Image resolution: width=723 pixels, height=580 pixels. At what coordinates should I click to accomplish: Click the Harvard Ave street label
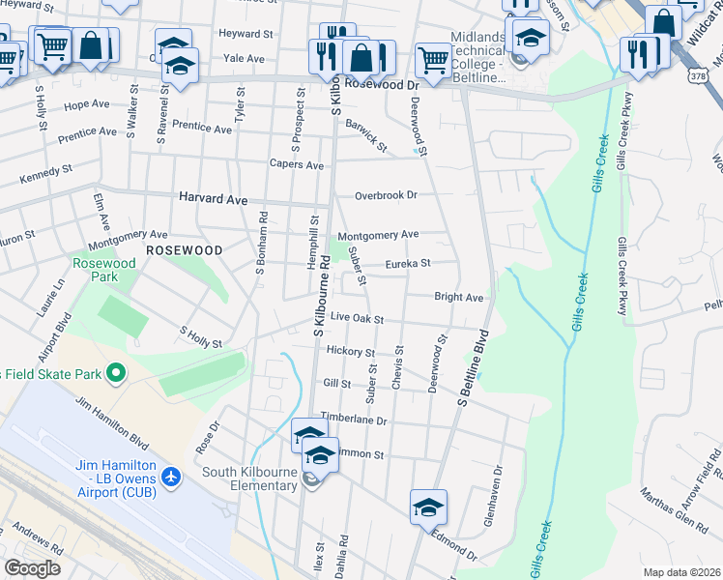point(213,198)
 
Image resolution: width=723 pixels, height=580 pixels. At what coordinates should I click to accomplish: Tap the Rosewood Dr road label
point(386,84)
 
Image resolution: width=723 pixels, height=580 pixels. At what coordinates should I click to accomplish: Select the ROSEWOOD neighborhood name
point(184,249)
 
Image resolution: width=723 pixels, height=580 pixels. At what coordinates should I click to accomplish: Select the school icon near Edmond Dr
point(428,506)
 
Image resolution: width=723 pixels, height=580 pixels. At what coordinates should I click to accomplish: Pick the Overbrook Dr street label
point(385,195)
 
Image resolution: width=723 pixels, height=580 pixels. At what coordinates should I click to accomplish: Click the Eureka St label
point(407,262)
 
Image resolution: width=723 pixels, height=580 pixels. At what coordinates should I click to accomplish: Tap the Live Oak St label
point(357,318)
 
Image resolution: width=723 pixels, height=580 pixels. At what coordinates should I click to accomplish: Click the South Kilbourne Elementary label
point(249,478)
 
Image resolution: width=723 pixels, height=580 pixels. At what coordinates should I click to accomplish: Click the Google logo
point(32,567)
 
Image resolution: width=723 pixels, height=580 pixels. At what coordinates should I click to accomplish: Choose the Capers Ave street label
point(297,165)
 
